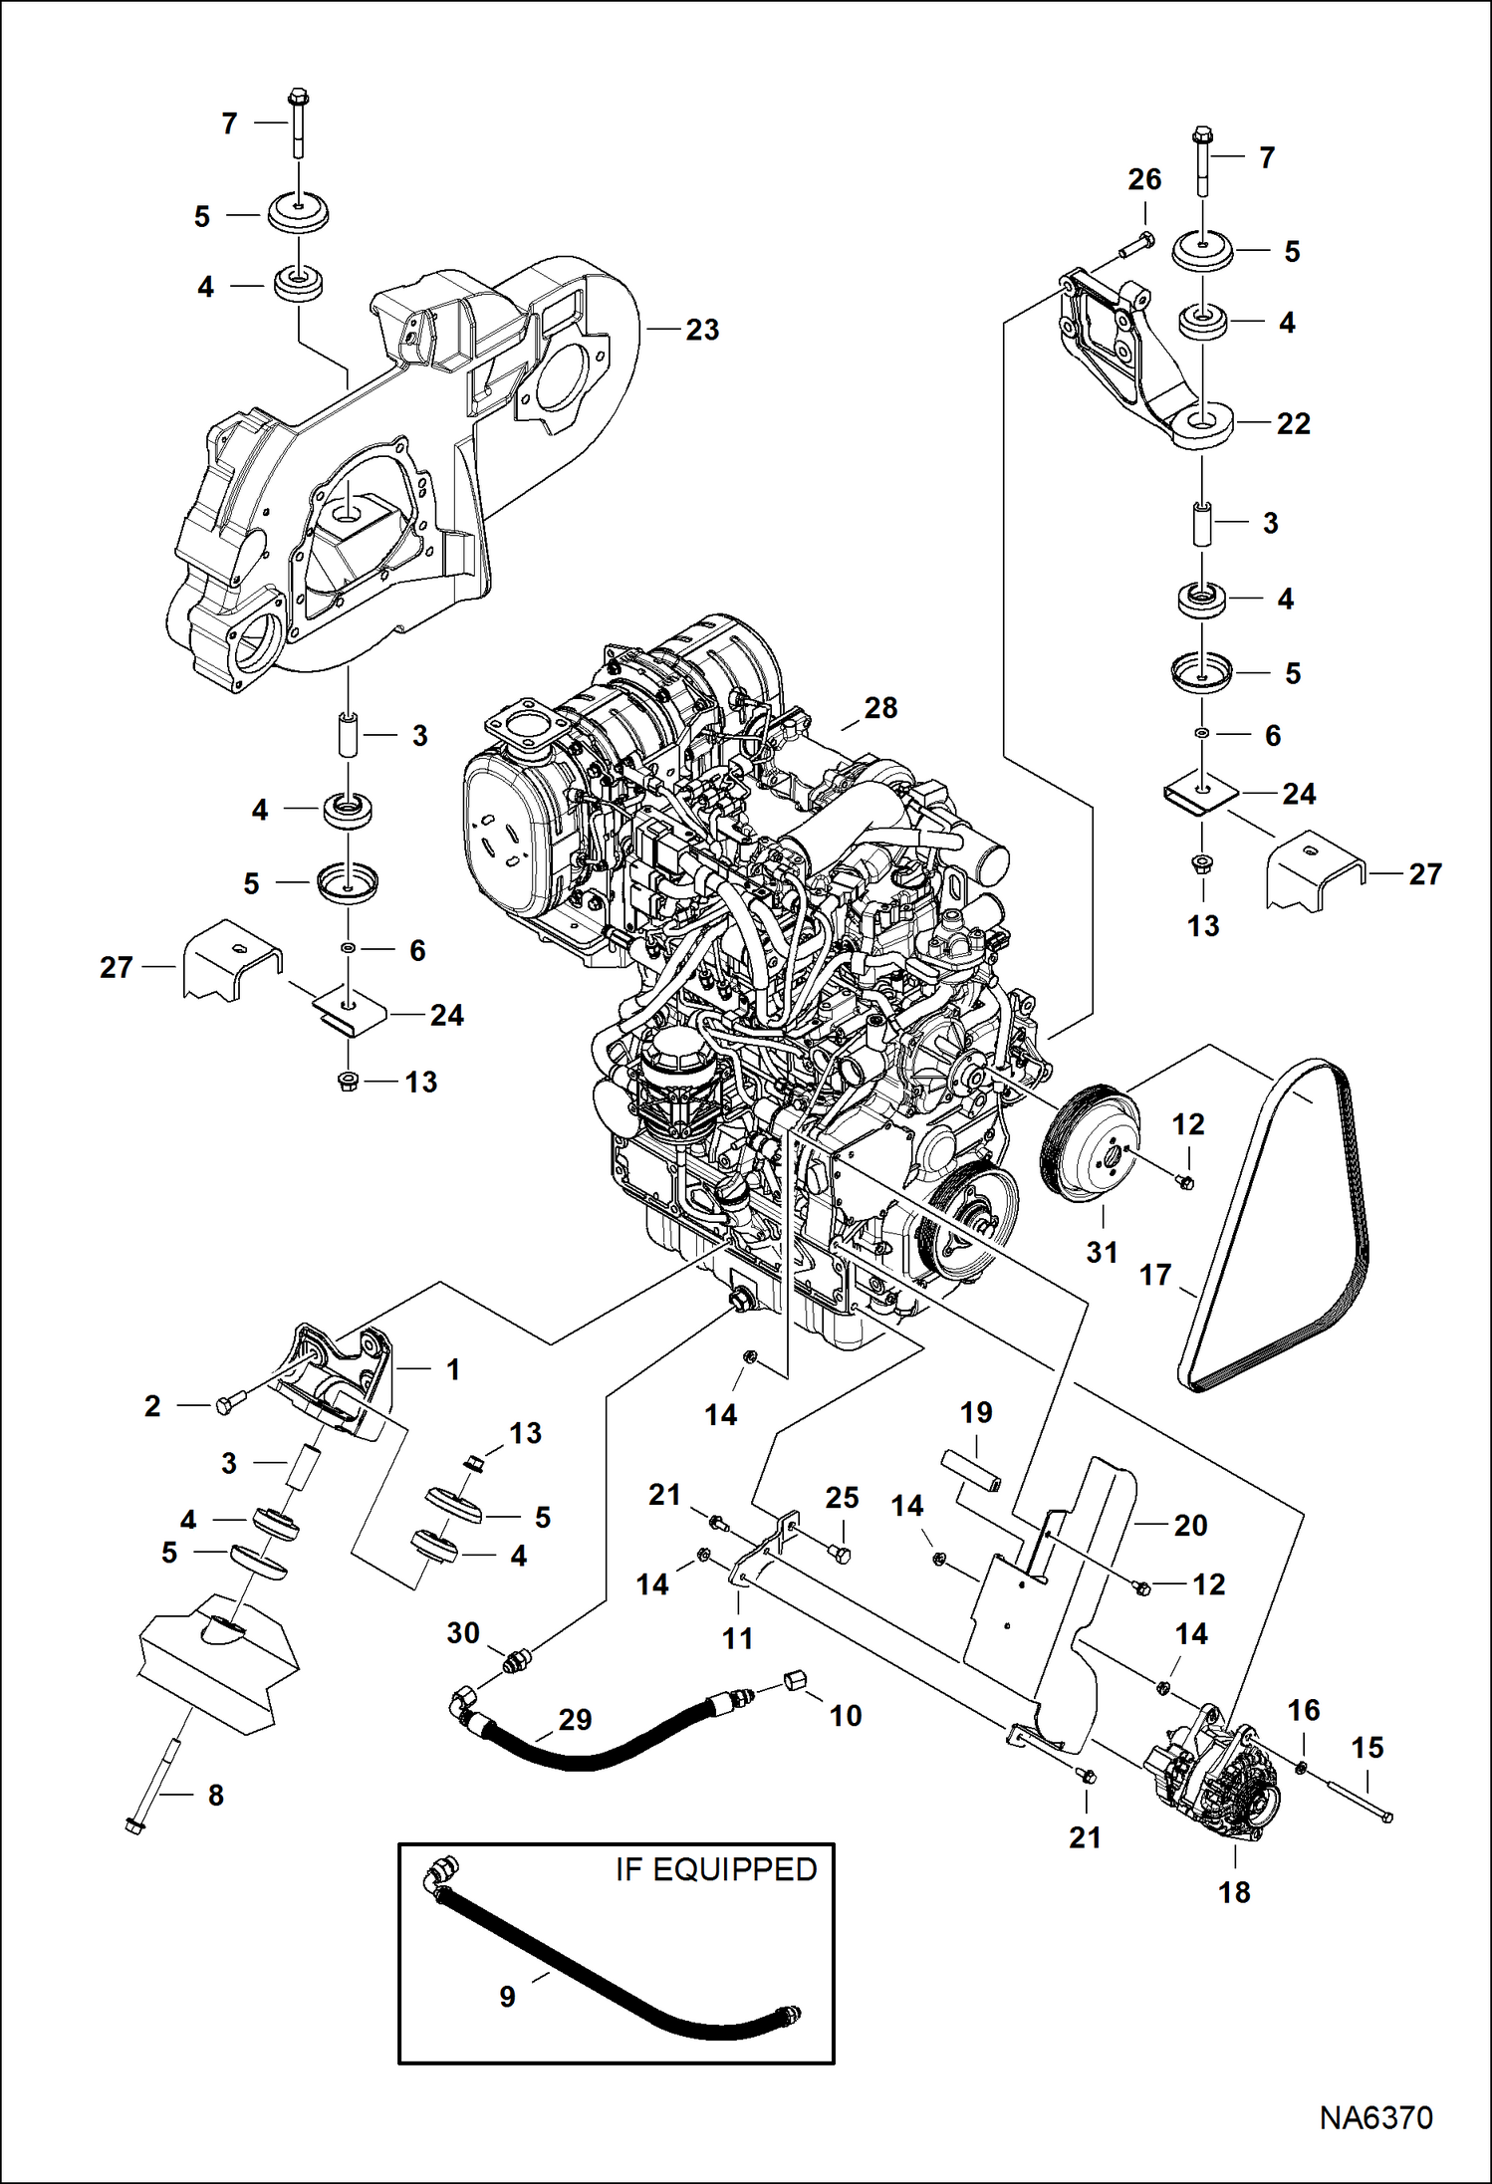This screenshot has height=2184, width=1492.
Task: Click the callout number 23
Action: (702, 331)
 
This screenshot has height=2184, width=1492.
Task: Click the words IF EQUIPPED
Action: (715, 1870)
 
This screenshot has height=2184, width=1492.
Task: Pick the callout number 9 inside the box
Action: (507, 1997)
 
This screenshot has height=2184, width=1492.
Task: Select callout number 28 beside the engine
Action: (880, 708)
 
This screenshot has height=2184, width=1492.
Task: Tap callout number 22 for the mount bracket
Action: (1293, 424)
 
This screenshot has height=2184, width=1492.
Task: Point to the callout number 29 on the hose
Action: (575, 1720)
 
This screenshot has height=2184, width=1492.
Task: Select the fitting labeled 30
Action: (514, 1661)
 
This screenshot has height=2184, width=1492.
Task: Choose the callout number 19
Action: (976, 1412)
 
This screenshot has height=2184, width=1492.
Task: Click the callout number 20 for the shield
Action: (1190, 1525)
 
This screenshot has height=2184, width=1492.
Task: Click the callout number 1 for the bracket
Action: (453, 1369)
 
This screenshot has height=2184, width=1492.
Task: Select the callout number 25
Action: (842, 1498)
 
